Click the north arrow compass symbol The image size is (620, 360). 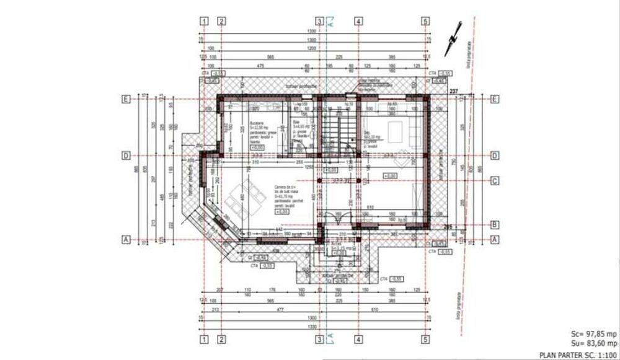[x=451, y=38]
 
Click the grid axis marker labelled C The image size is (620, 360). [x=495, y=182]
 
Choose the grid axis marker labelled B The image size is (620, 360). [x=495, y=224]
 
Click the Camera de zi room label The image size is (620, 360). [x=280, y=193]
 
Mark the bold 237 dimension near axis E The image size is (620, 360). [x=453, y=92]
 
